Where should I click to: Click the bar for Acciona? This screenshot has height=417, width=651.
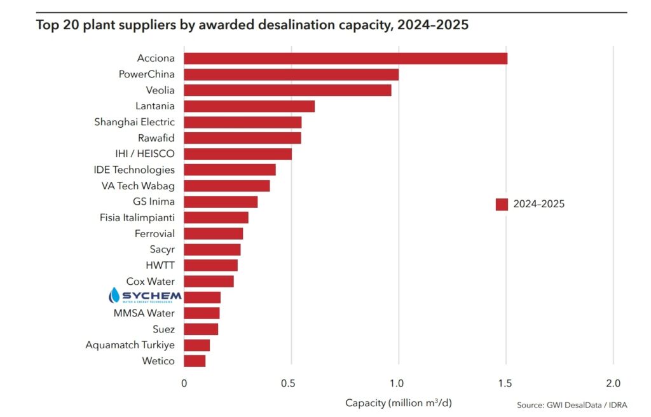click(345, 58)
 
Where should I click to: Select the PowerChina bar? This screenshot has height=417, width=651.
click(291, 74)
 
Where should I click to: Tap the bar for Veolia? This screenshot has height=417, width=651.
click(287, 90)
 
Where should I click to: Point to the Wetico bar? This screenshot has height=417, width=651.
click(195, 361)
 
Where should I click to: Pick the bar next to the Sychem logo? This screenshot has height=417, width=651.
click(202, 297)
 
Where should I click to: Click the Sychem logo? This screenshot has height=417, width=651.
click(145, 296)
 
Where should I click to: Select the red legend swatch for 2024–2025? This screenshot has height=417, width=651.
click(502, 204)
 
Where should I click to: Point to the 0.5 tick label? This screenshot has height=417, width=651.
click(291, 383)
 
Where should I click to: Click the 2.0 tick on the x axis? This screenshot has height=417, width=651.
click(613, 383)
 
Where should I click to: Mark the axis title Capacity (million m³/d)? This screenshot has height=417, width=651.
click(399, 402)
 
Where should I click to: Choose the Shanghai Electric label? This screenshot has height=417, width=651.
click(134, 122)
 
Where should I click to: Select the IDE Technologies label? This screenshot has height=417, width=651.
click(134, 170)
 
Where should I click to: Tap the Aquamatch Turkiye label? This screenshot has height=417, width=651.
click(130, 345)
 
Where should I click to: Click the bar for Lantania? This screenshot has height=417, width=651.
click(249, 106)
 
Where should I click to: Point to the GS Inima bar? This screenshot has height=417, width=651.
click(221, 202)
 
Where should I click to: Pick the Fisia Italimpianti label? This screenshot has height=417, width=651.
click(137, 217)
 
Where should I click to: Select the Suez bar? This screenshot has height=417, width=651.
click(201, 329)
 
